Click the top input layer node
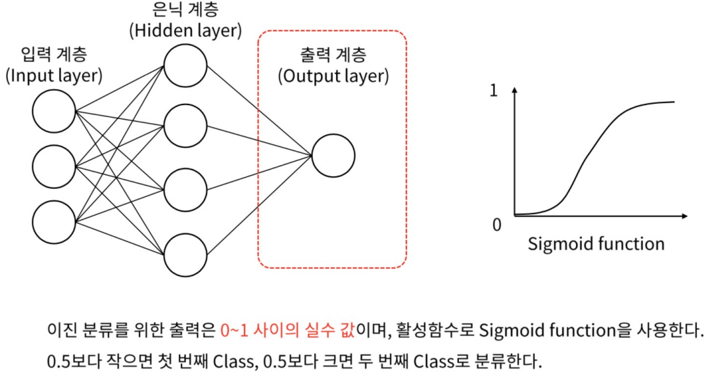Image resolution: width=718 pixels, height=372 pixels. pyautogui.click(x=54, y=111)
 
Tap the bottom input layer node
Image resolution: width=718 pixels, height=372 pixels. pyautogui.click(x=54, y=221)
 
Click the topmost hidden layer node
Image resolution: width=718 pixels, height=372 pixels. pyautogui.click(x=185, y=65)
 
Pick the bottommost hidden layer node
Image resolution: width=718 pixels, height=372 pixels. pyautogui.click(x=185, y=253)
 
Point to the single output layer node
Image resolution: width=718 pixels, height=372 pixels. pyautogui.click(x=333, y=155)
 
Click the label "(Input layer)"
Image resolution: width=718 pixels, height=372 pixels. pyautogui.click(x=54, y=76)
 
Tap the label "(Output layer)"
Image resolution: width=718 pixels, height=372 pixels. pyautogui.click(x=333, y=76)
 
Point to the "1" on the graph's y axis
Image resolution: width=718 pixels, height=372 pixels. pyautogui.click(x=494, y=93)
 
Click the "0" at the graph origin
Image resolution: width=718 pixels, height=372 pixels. pyautogui.click(x=496, y=225)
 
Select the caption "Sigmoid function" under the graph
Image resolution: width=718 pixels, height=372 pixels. pyautogui.click(x=596, y=244)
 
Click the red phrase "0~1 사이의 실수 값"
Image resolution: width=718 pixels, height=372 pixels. pyautogui.click(x=287, y=329)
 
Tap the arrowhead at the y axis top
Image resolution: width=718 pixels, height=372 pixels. pyautogui.click(x=515, y=91)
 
